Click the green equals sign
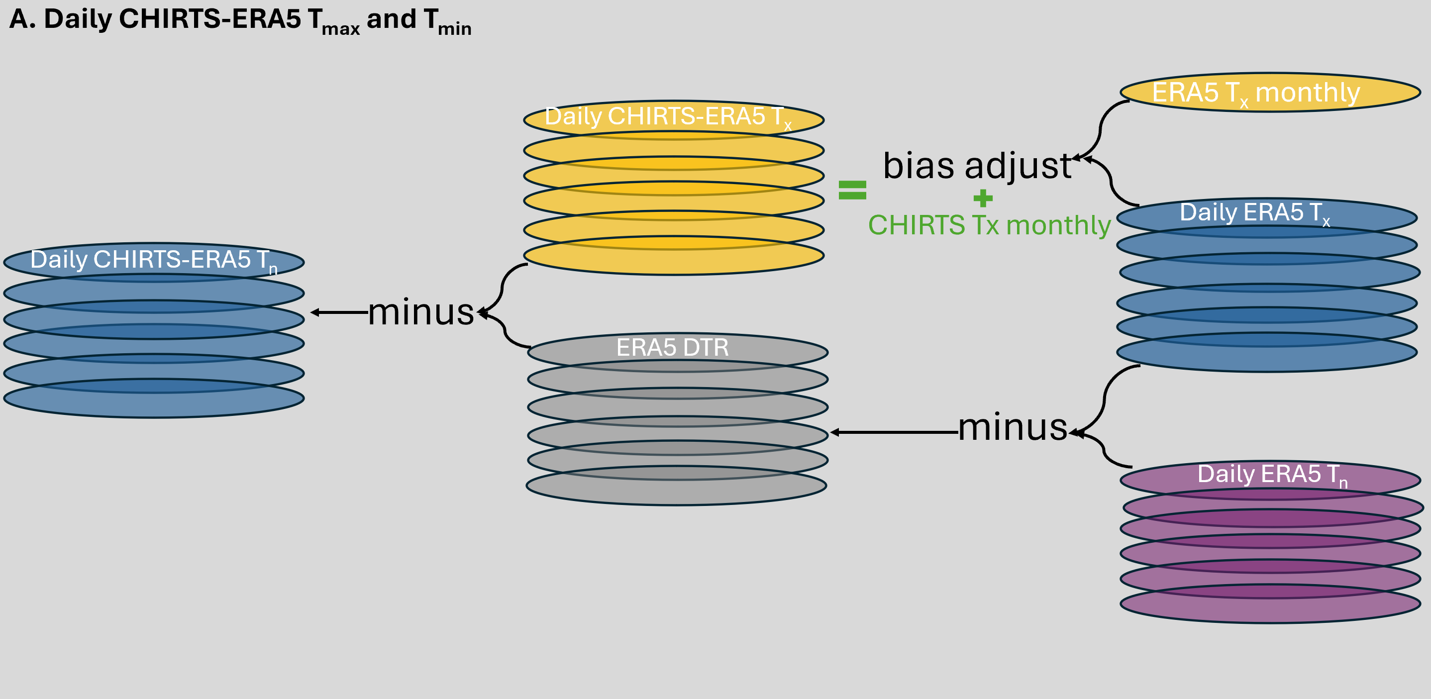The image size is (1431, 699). pos(852,190)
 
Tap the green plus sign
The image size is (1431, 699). pos(983,198)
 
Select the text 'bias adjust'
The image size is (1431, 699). pos(977,166)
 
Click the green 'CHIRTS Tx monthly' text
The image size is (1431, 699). pos(989,225)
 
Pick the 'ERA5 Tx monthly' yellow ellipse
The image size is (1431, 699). pos(1270,92)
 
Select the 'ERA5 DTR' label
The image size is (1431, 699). pos(672,348)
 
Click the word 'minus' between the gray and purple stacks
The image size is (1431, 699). pos(1013,428)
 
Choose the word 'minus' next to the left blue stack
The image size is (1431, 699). pos(420,312)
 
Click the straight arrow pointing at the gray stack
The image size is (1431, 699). pos(895,432)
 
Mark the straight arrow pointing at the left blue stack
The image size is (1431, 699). pos(339,313)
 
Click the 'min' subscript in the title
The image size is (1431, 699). pos(454,28)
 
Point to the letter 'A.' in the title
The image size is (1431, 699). pos(22,19)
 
